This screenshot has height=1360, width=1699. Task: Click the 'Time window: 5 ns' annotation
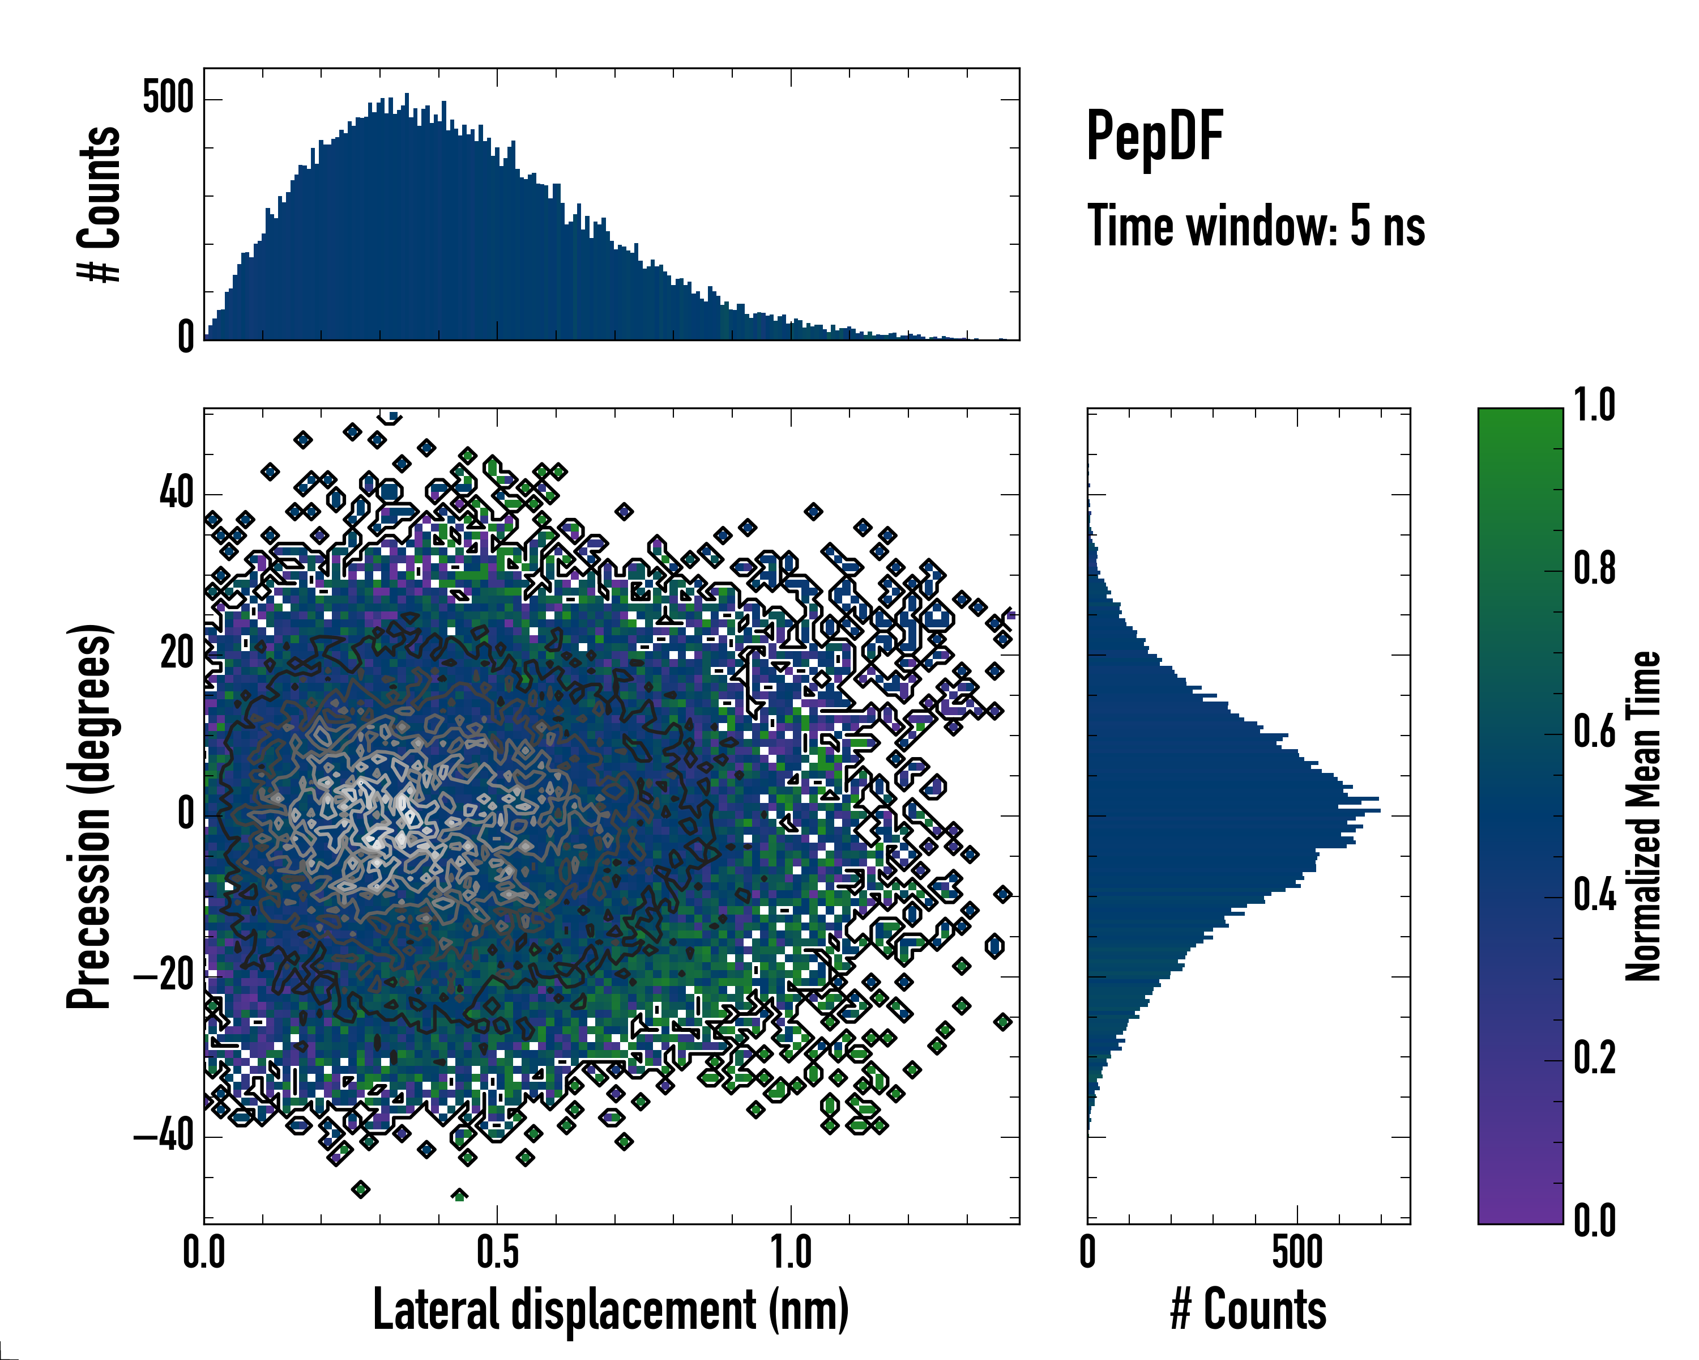click(1256, 226)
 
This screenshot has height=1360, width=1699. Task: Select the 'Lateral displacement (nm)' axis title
click(610, 1309)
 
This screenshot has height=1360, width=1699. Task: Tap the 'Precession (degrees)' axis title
click(89, 816)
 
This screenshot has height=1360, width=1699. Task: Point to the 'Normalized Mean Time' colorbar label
click(1643, 816)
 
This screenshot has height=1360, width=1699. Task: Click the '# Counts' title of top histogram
click(99, 203)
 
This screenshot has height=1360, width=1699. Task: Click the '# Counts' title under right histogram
click(1248, 1309)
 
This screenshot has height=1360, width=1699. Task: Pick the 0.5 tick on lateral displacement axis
click(497, 1253)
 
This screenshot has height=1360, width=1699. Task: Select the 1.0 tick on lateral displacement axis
click(791, 1253)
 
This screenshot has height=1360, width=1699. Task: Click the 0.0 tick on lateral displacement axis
click(204, 1253)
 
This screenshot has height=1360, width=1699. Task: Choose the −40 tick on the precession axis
click(163, 1137)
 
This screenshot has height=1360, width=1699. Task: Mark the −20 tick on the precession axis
click(163, 976)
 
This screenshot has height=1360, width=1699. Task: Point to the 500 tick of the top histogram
click(168, 99)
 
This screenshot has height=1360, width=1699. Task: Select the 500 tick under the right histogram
click(1297, 1253)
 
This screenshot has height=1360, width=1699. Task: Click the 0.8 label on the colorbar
click(1594, 569)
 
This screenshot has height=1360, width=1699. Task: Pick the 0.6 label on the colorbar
click(1594, 733)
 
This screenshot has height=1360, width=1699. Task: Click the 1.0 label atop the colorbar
click(1594, 406)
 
